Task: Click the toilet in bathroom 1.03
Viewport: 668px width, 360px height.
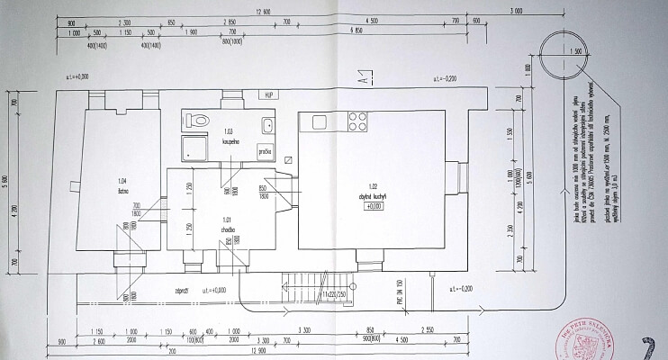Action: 200,119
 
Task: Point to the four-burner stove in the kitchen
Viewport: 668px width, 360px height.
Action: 356,121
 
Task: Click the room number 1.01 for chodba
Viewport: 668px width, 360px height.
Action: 227,219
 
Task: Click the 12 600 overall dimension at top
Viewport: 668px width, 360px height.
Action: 262,12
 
